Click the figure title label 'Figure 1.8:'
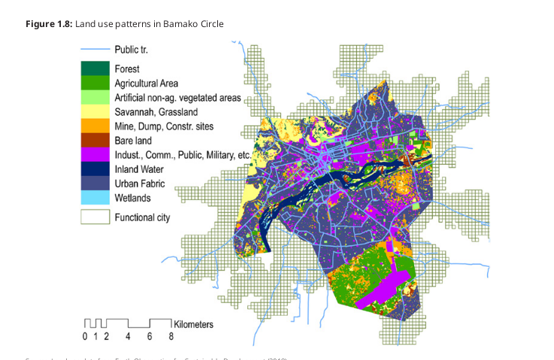click(49, 24)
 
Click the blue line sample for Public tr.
click(95, 50)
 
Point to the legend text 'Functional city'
click(143, 218)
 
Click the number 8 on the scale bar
click(171, 336)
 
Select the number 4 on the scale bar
click(129, 336)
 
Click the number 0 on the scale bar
click(85, 336)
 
